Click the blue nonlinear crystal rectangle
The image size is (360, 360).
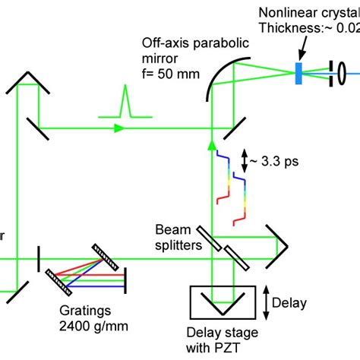(299, 73)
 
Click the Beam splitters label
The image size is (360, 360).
(179, 236)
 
